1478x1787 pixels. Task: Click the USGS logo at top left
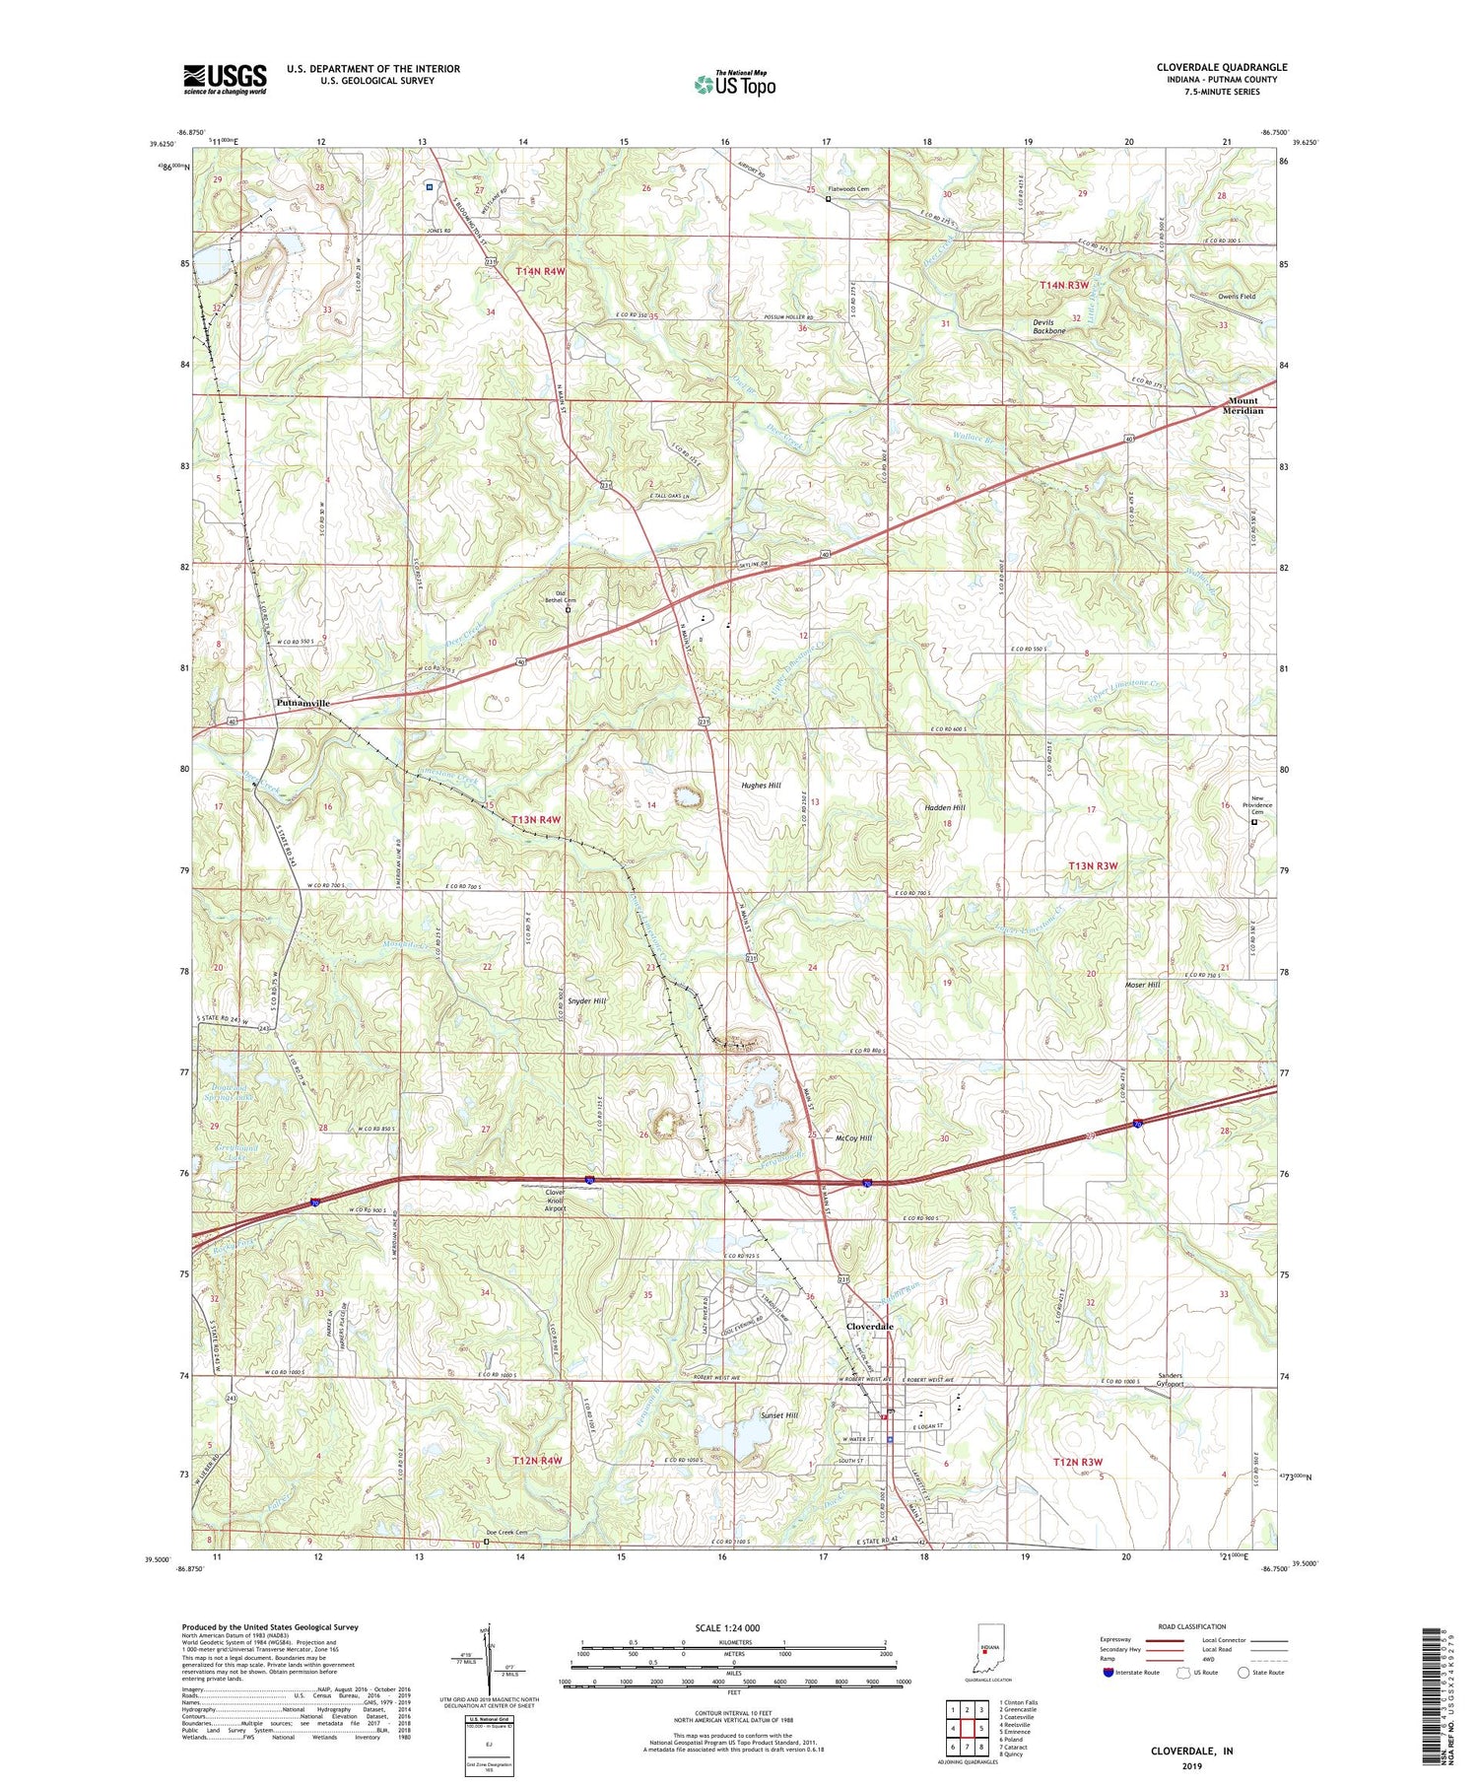(225, 79)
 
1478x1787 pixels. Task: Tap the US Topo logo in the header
(734, 85)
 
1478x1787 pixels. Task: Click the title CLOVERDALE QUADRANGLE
(1221, 67)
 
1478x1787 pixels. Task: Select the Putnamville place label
(302, 703)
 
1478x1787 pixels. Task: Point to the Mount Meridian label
(1243, 406)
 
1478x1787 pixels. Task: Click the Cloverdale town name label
(870, 1327)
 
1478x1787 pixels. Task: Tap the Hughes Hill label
(761, 786)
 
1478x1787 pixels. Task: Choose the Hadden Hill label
(944, 807)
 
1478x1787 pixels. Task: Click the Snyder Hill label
(586, 1000)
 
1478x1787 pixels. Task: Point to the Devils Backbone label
(1048, 327)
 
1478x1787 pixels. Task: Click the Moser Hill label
(1142, 985)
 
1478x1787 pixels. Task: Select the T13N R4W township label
(537, 819)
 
